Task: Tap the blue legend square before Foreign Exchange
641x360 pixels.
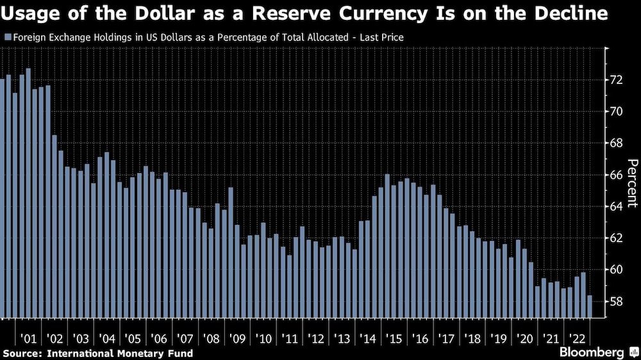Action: (x=7, y=38)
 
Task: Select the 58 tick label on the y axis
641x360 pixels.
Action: (x=616, y=301)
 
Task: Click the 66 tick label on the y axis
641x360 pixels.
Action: (x=616, y=175)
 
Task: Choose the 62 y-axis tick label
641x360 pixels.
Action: (x=616, y=238)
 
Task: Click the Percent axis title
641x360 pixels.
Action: (x=631, y=183)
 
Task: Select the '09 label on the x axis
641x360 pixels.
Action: (x=237, y=338)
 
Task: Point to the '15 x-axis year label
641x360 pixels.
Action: (x=394, y=338)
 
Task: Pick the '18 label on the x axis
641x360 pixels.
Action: (x=474, y=338)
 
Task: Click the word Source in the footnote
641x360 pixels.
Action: (x=22, y=353)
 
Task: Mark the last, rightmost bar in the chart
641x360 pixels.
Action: (x=590, y=306)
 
